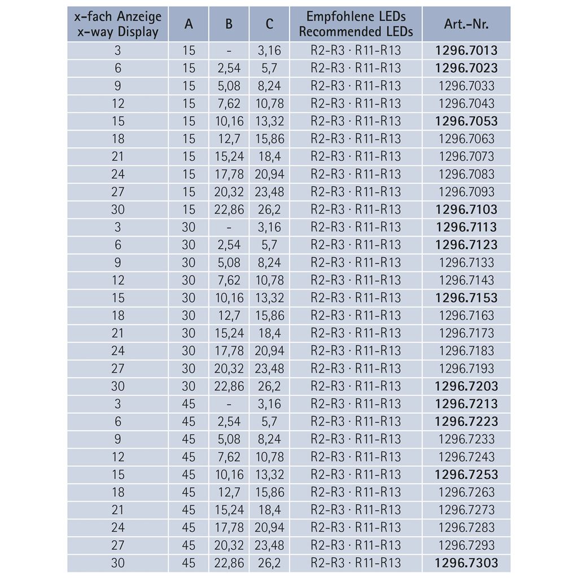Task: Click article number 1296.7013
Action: tap(466, 50)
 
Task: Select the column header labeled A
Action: tap(189, 24)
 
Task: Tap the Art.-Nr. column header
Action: tap(466, 24)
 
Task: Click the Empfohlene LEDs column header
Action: tap(356, 24)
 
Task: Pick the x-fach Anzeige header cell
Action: tap(117, 24)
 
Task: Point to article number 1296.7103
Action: tap(466, 209)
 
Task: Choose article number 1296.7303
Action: tap(466, 563)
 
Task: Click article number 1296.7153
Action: tap(466, 297)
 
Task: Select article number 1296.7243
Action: tap(466, 457)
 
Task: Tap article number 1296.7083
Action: tap(466, 174)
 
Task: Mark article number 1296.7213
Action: tap(466, 404)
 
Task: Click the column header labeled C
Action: tap(269, 24)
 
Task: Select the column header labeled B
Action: tap(229, 24)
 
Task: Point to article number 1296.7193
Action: tap(466, 369)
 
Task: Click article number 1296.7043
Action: tap(466, 103)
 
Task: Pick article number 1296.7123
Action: tap(466, 244)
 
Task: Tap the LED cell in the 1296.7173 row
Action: tap(356, 333)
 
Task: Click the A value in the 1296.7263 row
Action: tap(189, 492)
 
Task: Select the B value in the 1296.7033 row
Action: tap(229, 86)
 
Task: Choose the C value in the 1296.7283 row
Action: tap(269, 527)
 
